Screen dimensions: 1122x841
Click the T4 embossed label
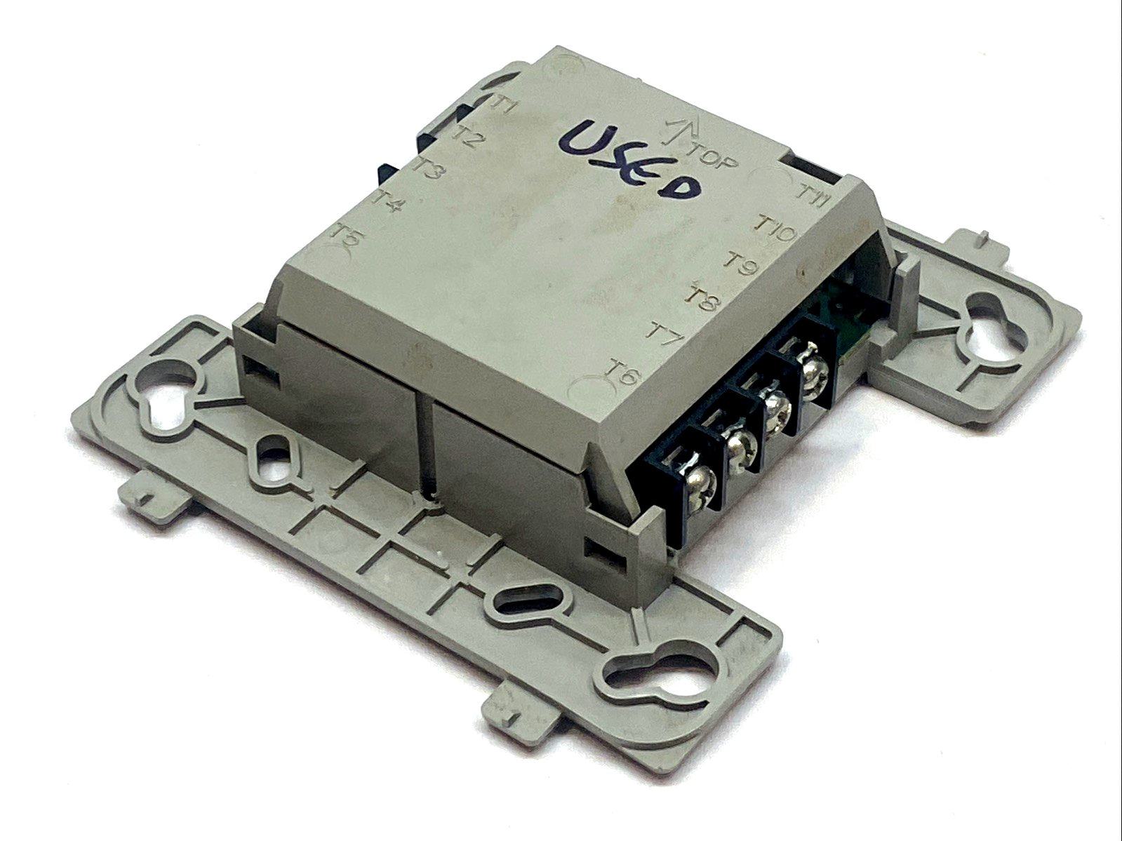389,203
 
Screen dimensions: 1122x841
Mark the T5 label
349,237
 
